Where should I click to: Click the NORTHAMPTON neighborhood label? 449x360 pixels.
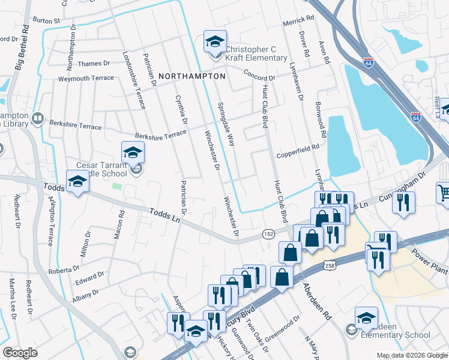(192, 77)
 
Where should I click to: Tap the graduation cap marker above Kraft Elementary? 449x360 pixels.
(215, 41)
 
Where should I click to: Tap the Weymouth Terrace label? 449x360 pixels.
(86, 79)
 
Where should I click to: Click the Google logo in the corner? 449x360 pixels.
(20, 353)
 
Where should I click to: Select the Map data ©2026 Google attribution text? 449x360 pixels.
(412, 355)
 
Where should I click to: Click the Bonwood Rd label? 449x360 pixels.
(319, 125)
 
